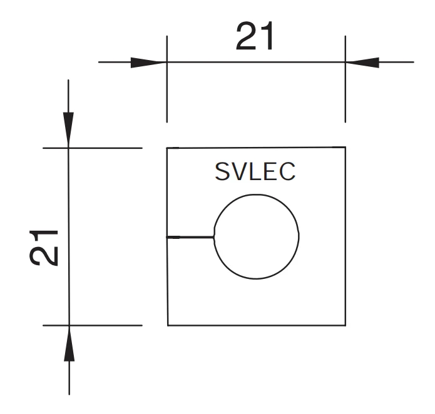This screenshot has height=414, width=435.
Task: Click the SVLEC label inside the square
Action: click(x=255, y=172)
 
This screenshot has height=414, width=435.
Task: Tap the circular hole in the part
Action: click(x=257, y=236)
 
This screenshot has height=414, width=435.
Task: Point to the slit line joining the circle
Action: click(x=191, y=237)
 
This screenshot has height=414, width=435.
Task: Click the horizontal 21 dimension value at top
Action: click(x=255, y=38)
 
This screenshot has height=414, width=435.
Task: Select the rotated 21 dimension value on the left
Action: click(x=45, y=247)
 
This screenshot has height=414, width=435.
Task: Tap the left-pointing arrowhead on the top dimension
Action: click(x=363, y=62)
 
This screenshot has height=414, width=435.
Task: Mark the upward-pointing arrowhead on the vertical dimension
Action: click(x=69, y=343)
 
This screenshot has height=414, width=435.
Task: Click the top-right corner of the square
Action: click(x=345, y=148)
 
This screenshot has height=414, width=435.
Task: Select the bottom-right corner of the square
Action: click(x=345, y=325)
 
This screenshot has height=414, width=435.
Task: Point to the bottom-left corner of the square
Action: click(x=168, y=325)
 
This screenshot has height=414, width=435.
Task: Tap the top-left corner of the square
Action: click(x=167, y=148)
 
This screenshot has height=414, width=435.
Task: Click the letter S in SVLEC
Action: click(x=222, y=172)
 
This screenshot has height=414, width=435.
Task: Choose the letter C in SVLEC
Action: click(x=287, y=172)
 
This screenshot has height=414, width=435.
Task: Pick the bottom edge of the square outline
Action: click(x=257, y=325)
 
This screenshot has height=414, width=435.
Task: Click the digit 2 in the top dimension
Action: click(x=246, y=38)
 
